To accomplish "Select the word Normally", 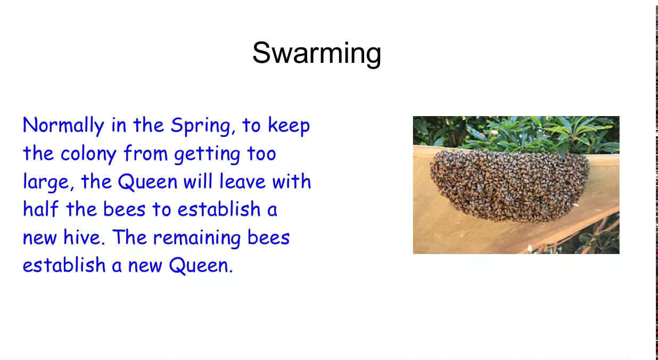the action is click(x=63, y=126).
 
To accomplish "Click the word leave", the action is click(x=242, y=181).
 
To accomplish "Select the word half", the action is click(x=40, y=209).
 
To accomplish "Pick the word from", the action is click(x=145, y=153).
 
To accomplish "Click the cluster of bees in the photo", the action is click(x=509, y=186).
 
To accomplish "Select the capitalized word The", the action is click(x=129, y=237).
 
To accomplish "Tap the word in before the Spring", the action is click(x=119, y=126).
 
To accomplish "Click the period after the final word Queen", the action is click(x=231, y=272).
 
